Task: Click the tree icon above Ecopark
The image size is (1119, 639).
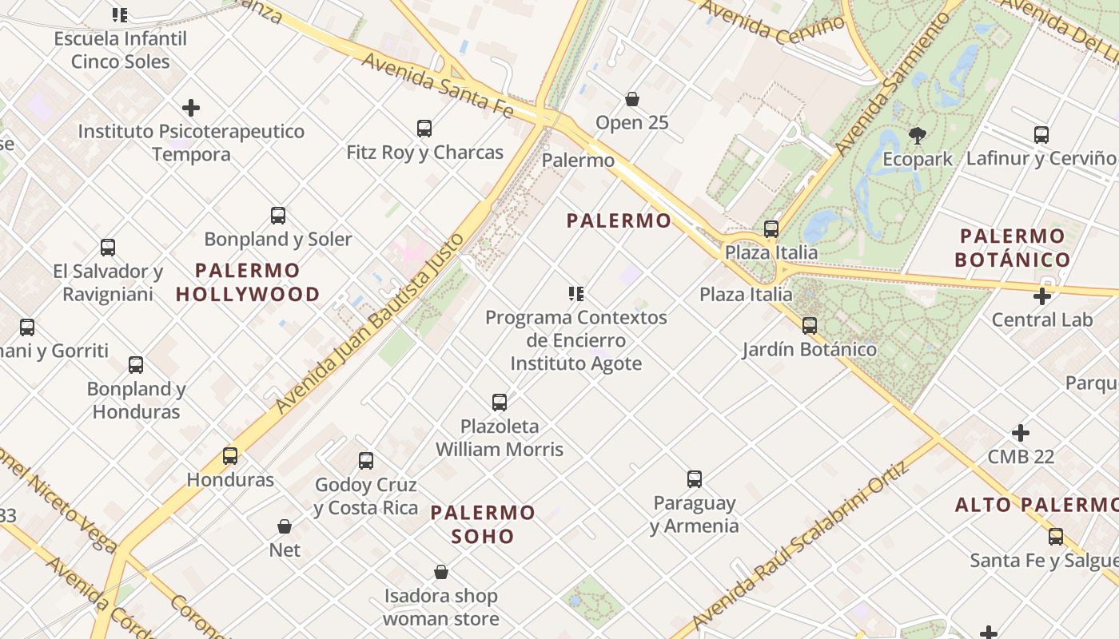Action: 917,135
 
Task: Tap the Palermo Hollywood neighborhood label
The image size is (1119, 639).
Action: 248,282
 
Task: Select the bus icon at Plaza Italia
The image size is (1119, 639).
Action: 771,229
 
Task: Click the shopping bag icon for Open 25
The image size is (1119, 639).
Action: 632,99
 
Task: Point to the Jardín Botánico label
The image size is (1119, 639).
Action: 809,349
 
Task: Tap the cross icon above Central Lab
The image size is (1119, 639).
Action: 1041,296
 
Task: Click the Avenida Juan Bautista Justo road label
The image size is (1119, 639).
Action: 370,323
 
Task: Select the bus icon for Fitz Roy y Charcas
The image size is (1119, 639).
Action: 424,129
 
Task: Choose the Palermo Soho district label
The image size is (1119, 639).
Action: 483,524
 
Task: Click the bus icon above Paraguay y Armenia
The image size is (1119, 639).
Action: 694,479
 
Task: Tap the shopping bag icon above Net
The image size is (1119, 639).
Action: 285,526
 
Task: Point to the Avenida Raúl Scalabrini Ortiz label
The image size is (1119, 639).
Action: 802,545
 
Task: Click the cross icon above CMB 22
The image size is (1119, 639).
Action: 1021,433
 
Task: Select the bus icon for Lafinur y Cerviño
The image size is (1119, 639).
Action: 1041,135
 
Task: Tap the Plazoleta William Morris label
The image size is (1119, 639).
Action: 500,438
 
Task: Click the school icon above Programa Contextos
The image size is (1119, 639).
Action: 575,294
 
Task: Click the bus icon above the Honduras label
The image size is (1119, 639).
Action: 230,456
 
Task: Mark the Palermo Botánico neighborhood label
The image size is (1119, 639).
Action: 1012,248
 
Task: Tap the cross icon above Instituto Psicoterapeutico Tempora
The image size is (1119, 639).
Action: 190,108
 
